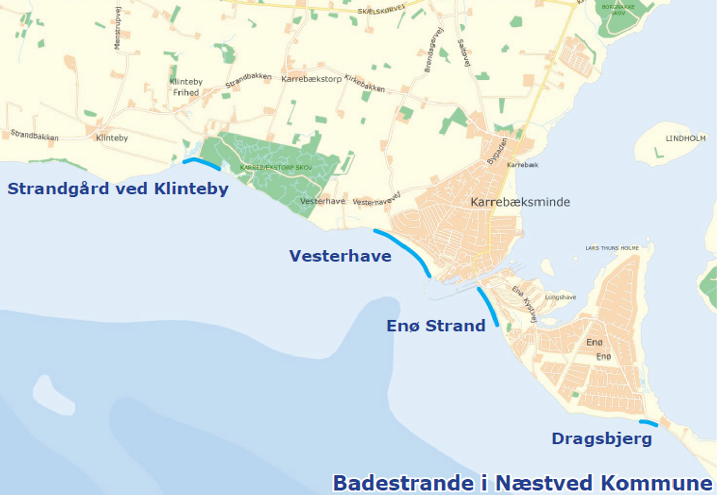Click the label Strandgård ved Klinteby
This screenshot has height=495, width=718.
tap(117, 189)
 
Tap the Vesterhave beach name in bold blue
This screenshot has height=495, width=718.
tap(340, 256)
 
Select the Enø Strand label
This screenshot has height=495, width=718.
tap(436, 326)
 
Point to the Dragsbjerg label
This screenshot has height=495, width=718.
tap(601, 438)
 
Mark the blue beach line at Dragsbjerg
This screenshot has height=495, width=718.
tap(648, 423)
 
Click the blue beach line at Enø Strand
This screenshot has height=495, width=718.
tap(488, 306)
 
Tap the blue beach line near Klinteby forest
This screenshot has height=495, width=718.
tap(202, 163)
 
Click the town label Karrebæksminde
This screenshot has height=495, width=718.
tap(520, 202)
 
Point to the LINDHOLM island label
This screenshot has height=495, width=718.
tap(685, 138)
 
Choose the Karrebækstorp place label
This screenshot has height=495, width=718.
tap(311, 79)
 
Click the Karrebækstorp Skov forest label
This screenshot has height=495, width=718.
tap(276, 168)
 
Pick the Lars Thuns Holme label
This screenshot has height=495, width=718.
tap(611, 248)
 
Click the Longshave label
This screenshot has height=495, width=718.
tap(560, 297)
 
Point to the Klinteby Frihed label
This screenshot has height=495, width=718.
tap(186, 87)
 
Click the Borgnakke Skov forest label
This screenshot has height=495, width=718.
tap(618, 10)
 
